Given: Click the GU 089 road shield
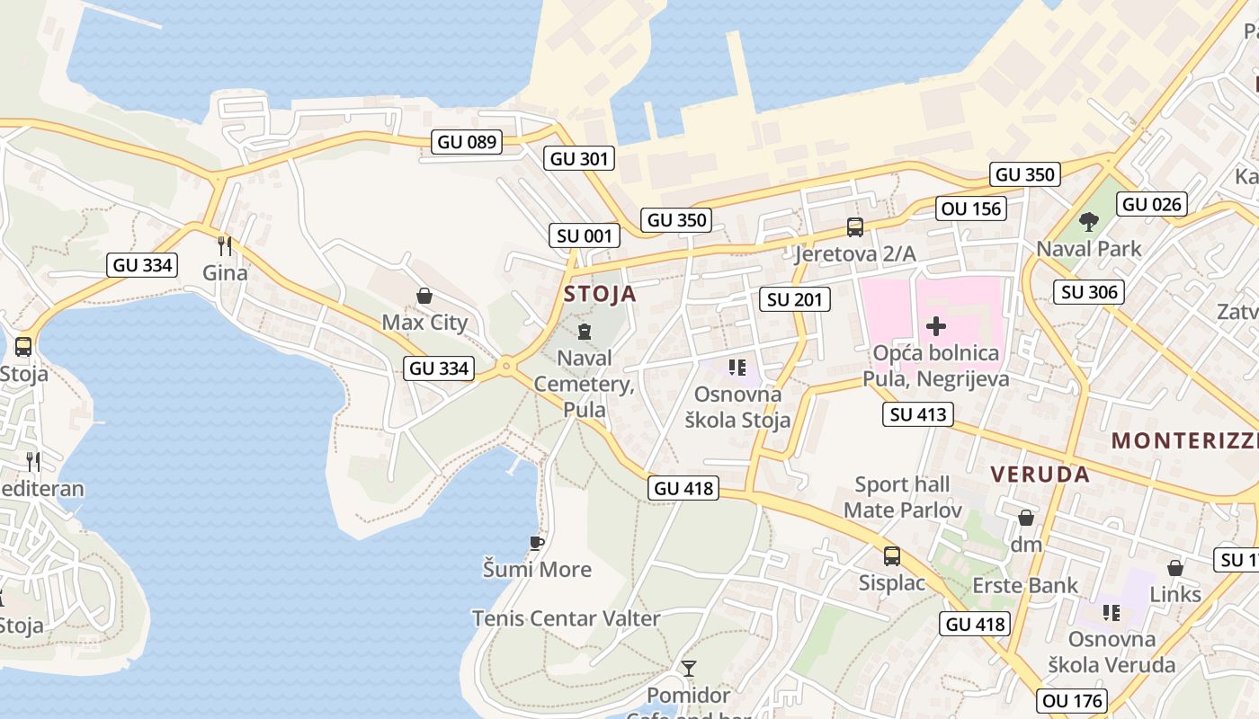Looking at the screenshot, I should coord(466,141).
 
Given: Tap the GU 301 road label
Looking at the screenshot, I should coord(580,159).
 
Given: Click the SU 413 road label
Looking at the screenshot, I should coord(917,413).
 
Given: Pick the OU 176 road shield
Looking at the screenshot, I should coord(1072,700).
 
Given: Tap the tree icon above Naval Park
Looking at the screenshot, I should coord(1088,221).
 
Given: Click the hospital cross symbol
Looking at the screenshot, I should coord(935,326).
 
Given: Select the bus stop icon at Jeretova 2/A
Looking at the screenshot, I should coord(854,227).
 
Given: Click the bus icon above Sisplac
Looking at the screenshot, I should coord(891,556).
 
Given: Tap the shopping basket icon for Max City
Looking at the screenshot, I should coord(424,296).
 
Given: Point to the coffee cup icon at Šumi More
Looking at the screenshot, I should coord(537,543).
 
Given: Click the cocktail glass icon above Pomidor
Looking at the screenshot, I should coord(689,669).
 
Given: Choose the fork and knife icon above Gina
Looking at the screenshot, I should coord(225,245).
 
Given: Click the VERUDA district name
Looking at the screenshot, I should coord(1040,475).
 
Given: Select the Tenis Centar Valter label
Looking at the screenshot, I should coord(567,618).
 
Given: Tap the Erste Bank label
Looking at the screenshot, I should coord(1025,586).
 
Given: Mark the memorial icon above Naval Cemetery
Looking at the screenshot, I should coord(585,332).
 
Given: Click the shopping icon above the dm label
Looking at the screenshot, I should coord(1025,519).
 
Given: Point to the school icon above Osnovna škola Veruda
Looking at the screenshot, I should coord(1112,613).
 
